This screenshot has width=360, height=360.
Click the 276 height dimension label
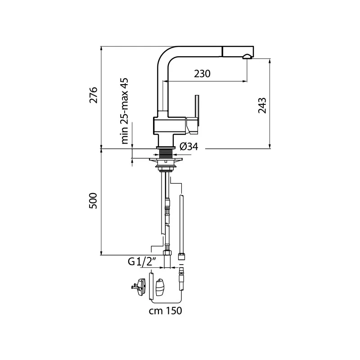pyautogui.click(x=94, y=95)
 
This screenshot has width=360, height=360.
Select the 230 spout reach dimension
pyautogui.click(x=202, y=74)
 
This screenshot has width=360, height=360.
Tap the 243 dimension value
pyautogui.click(x=262, y=105)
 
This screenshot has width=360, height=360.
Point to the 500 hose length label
pyautogui.click(x=93, y=201)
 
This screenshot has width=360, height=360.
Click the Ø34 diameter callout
pyautogui.click(x=189, y=147)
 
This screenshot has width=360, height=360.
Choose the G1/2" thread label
pyautogui.click(x=142, y=261)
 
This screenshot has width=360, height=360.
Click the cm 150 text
pyautogui.click(x=165, y=310)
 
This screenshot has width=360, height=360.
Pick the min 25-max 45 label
pyautogui.click(x=124, y=111)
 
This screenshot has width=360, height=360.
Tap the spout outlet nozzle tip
pyautogui.click(x=247, y=57)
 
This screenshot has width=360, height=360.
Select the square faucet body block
pyautogui.click(x=170, y=126)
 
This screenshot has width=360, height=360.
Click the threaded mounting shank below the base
pyautogui.click(x=166, y=153)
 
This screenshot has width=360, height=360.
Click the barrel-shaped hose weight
pyautogui.click(x=160, y=288)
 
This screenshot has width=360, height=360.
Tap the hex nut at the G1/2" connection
pyautogui.click(x=167, y=252)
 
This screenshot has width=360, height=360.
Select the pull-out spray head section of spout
pyautogui.click(x=238, y=51)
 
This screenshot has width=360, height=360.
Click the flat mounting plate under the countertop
pyautogui.click(x=166, y=159)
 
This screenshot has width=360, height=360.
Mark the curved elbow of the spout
pyautogui.click(x=166, y=55)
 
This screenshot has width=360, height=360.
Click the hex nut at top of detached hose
pyautogui.click(x=182, y=256)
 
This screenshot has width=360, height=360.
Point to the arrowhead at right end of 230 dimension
pyautogui.click(x=245, y=81)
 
